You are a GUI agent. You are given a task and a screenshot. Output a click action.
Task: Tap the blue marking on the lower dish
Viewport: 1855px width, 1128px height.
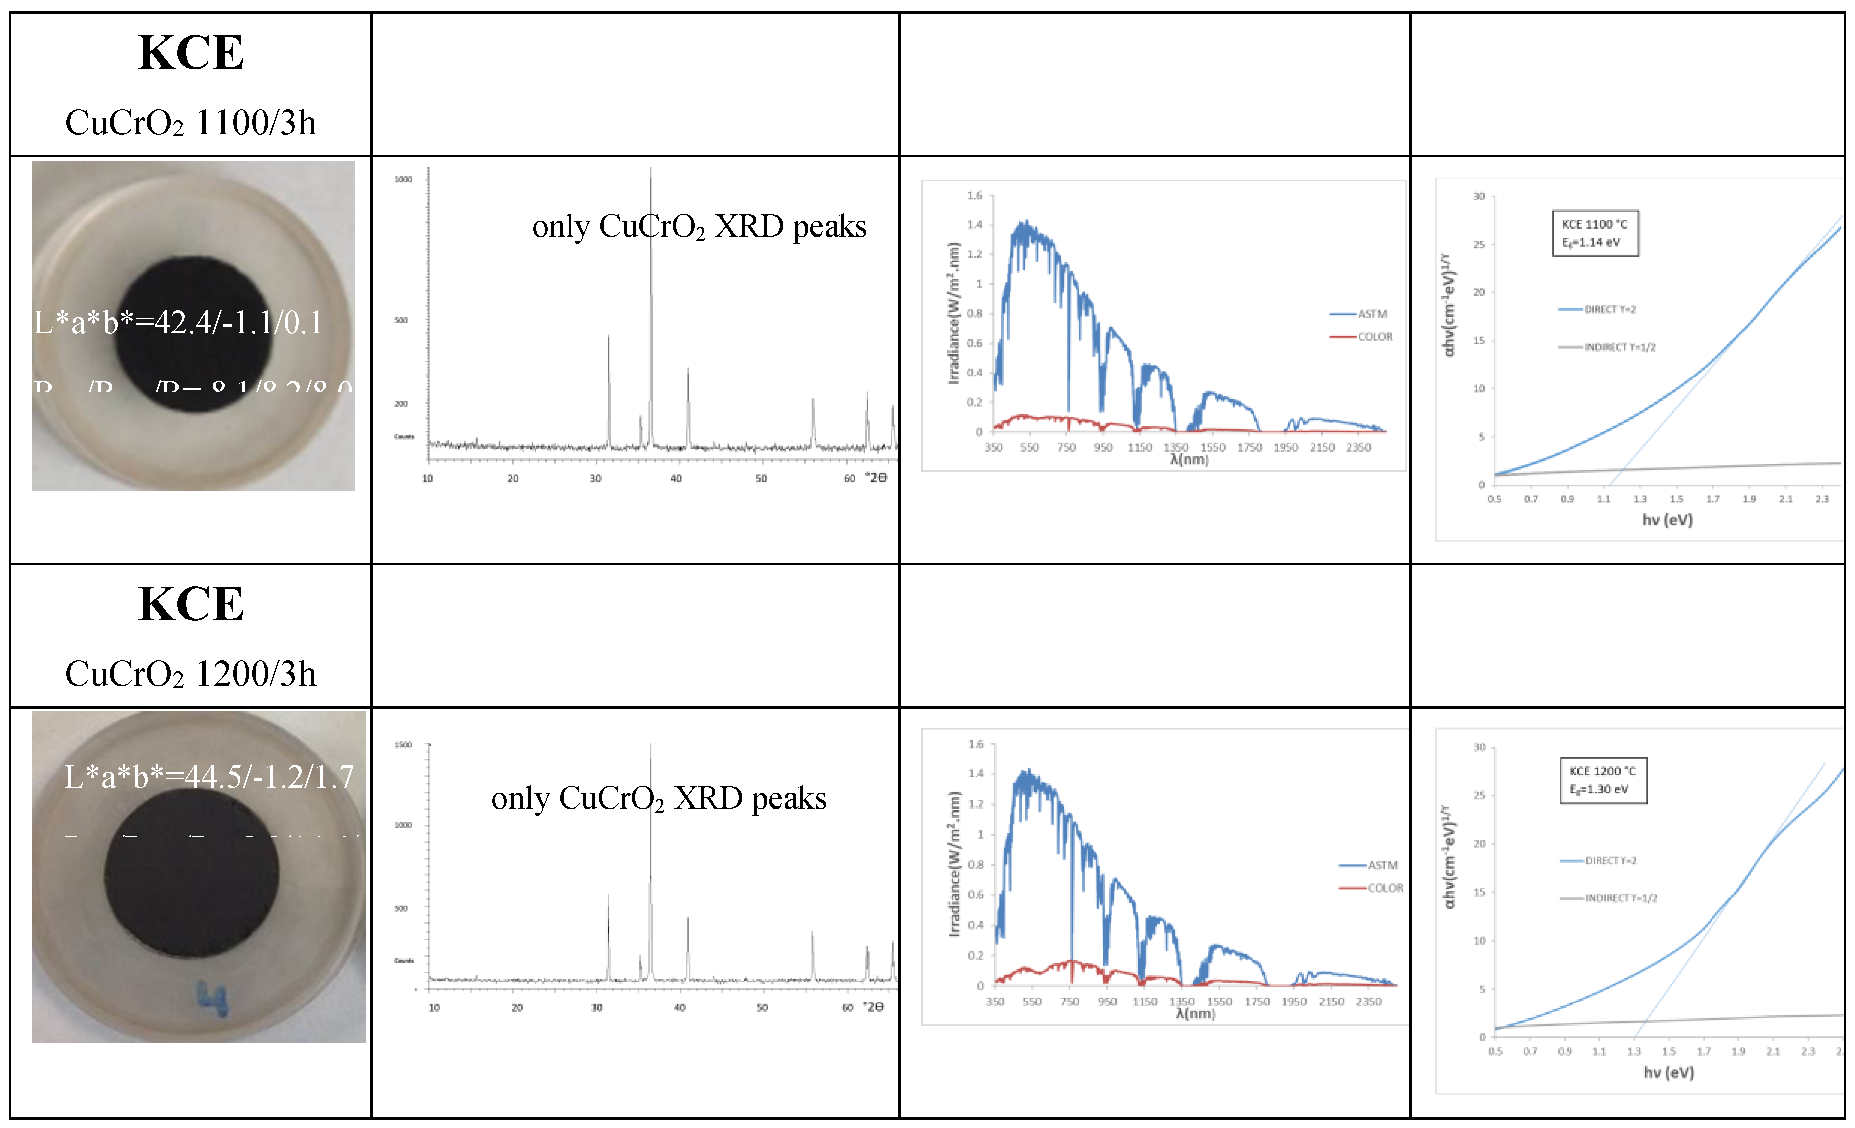point(212,999)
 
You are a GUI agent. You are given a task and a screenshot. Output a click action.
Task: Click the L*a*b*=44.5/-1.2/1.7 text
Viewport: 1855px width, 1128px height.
point(209,776)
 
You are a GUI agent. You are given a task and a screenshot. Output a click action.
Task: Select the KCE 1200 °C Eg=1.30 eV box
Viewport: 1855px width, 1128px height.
point(1603,780)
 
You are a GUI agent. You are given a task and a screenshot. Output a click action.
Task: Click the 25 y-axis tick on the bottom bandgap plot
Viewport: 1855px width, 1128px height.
point(1479,795)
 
